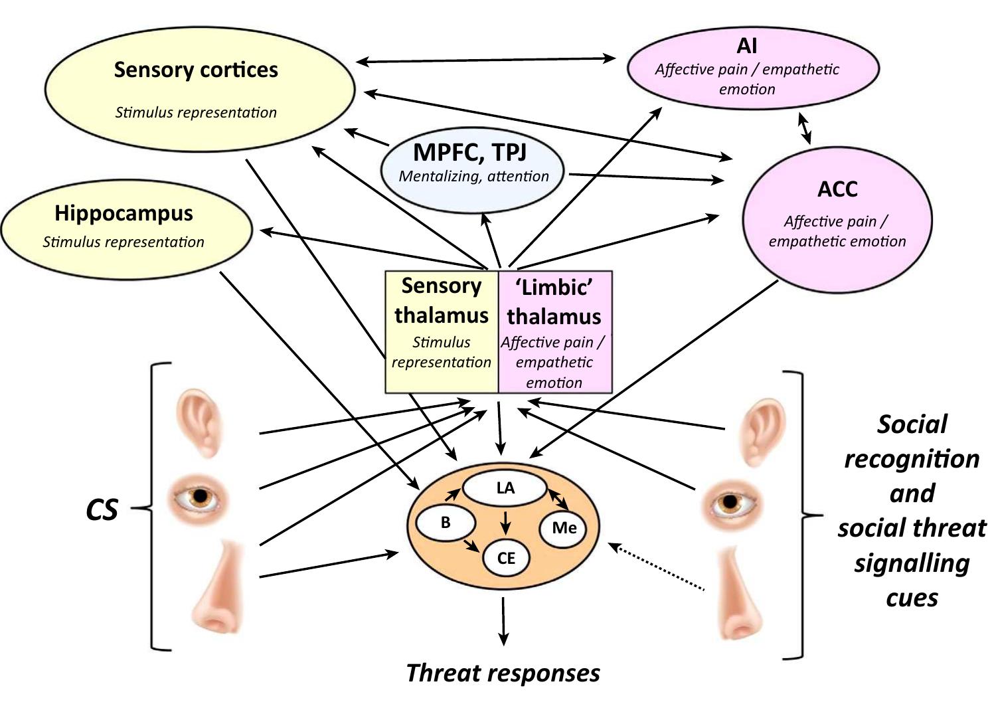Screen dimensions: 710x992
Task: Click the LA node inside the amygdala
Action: pos(505,488)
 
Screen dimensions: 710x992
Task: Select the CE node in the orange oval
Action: pos(506,558)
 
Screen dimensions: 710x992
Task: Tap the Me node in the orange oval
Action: pos(564,528)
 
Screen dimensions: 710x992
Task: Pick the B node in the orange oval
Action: pos(446,523)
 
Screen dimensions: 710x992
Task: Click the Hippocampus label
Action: pos(124,213)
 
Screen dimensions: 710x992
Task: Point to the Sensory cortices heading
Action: pos(196,70)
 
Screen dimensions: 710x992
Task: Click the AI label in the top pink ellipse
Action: pos(747,45)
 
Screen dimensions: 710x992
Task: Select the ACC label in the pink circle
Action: pos(837,189)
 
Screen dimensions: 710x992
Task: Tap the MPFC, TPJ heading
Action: pos(470,152)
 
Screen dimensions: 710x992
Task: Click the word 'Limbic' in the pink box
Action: pos(554,287)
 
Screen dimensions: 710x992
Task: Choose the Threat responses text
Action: pos(503,673)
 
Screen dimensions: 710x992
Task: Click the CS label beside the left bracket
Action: pos(102,509)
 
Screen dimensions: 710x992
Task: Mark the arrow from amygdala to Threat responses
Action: pos(503,621)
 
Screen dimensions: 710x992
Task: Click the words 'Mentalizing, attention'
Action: pos(473,177)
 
